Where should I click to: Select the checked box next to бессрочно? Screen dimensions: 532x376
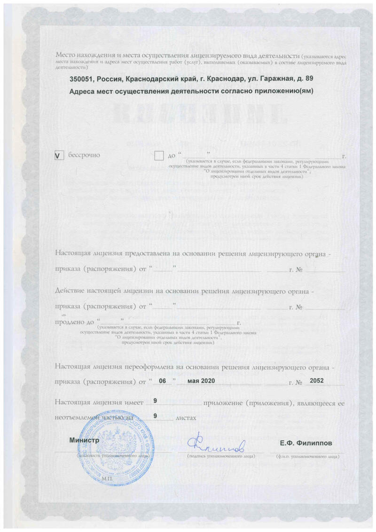59,156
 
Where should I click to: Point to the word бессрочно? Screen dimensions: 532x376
85,155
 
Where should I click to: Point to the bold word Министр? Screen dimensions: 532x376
84,440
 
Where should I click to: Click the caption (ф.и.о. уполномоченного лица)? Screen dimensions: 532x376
306,456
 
